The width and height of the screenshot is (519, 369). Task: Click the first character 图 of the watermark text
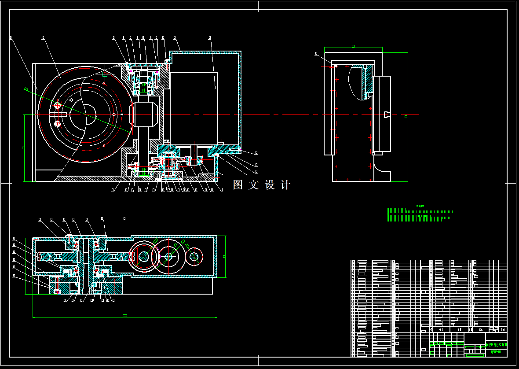(238, 185)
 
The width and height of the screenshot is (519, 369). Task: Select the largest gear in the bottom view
(144, 256)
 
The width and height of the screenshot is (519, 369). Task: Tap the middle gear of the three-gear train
(168, 256)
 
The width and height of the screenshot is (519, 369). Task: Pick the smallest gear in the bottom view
(194, 256)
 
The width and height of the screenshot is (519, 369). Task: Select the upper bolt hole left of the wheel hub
(57, 105)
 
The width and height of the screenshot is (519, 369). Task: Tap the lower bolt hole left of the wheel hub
(57, 125)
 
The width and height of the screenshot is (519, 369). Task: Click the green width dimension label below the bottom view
(125, 316)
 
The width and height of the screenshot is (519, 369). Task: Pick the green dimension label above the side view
(353, 46)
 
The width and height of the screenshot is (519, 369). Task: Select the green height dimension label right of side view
(406, 116)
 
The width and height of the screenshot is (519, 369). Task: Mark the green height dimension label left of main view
(23, 148)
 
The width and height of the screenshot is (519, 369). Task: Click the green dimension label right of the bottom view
(224, 256)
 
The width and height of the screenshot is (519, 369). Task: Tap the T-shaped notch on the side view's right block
(387, 115)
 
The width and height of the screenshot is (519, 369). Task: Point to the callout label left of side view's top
(316, 53)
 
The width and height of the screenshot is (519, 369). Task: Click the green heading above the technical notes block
(420, 206)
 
